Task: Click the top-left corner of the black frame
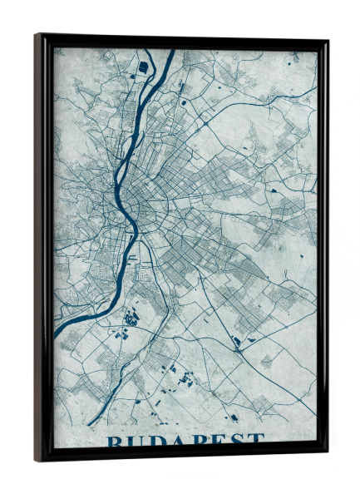coord(37,35)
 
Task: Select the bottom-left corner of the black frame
coord(37,460)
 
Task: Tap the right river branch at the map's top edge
coord(172,52)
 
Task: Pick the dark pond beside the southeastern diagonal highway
coord(236,340)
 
